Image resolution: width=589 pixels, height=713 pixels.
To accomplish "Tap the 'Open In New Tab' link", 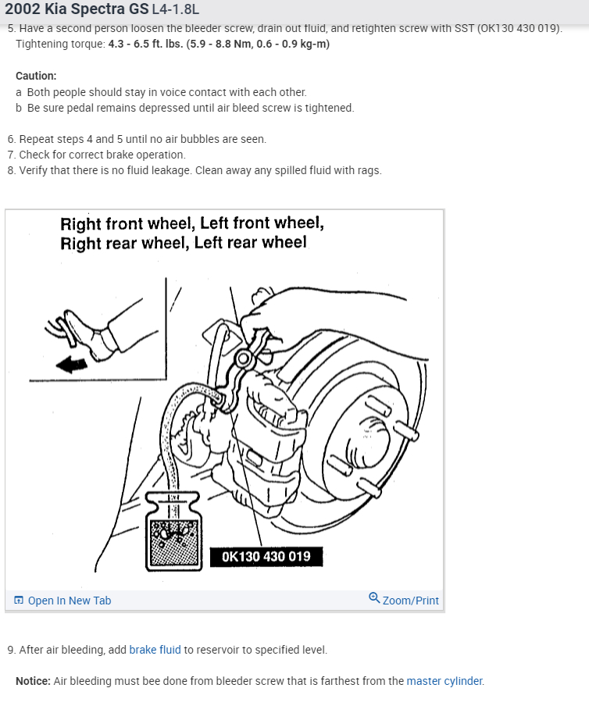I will point(69,601).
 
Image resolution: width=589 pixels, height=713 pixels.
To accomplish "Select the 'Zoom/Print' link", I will point(410,601).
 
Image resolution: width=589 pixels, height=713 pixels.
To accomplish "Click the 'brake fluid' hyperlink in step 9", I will point(155,650).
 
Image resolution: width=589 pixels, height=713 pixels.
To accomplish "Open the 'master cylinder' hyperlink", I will point(444,681).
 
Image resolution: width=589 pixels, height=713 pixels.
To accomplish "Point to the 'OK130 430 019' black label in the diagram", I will point(266,557).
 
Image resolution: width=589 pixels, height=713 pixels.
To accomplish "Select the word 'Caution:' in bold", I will point(36,76).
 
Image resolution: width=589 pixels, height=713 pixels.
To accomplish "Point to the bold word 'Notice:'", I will point(33,681).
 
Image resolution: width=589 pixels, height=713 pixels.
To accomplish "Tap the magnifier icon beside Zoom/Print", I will point(374,599).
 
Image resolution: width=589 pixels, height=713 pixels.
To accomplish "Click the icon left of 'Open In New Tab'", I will point(19,601).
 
